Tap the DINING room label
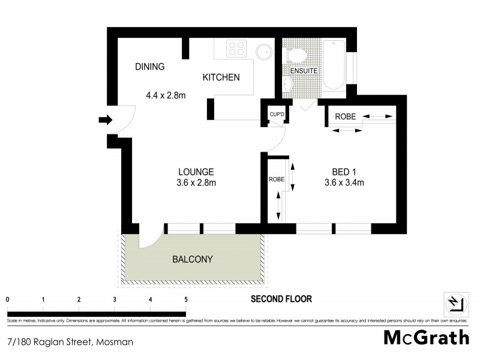(x=149, y=67)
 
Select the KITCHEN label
(x=221, y=77)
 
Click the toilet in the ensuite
(x=296, y=56)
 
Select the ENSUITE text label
(x=304, y=71)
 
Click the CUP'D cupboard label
(x=276, y=113)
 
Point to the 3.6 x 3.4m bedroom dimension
(x=344, y=183)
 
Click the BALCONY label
(x=193, y=259)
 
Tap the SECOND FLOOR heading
(x=281, y=299)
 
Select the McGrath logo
(x=426, y=338)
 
